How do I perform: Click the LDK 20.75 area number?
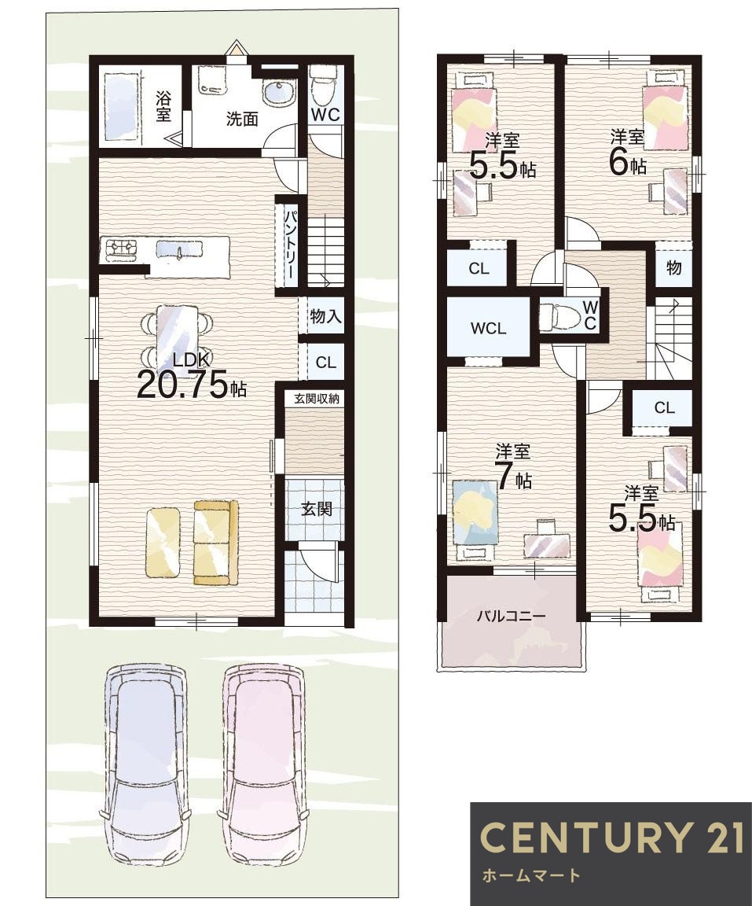pyautogui.click(x=183, y=387)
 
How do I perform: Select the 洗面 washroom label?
pyautogui.click(x=241, y=120)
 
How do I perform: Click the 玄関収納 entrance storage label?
pyautogui.click(x=316, y=399)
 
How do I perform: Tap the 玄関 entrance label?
pyautogui.click(x=316, y=509)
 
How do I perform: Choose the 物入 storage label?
pyautogui.click(x=325, y=316)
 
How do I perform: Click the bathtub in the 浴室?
pyautogui.click(x=122, y=105)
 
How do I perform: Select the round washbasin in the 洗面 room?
pyautogui.click(x=278, y=93)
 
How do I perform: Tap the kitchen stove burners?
pyautogui.click(x=120, y=249)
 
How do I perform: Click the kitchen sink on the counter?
pyautogui.click(x=179, y=249)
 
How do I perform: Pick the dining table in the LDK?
pyautogui.click(x=175, y=334)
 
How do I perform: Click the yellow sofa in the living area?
pyautogui.click(x=216, y=542)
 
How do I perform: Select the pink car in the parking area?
pyautogui.click(x=264, y=763)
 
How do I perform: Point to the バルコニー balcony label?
pyautogui.click(x=511, y=616)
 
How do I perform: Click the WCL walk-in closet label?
pyautogui.click(x=488, y=329)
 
